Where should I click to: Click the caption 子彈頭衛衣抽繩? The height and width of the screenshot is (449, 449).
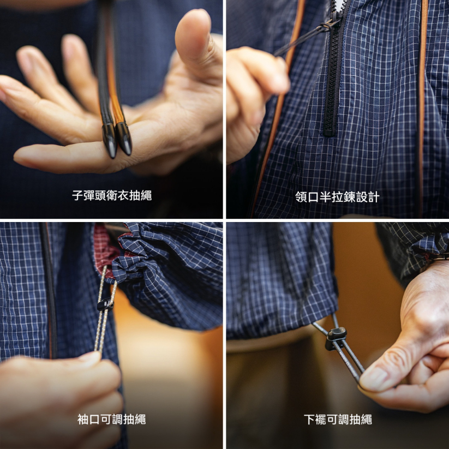click(112, 195)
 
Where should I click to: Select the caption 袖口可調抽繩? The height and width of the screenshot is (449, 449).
click(112, 420)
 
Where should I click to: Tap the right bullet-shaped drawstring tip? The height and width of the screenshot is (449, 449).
click(124, 139)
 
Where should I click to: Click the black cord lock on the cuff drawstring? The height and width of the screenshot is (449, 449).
click(104, 304)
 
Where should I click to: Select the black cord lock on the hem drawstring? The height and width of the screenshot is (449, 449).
click(336, 337)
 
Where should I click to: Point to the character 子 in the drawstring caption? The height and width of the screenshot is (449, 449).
click(77, 195)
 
